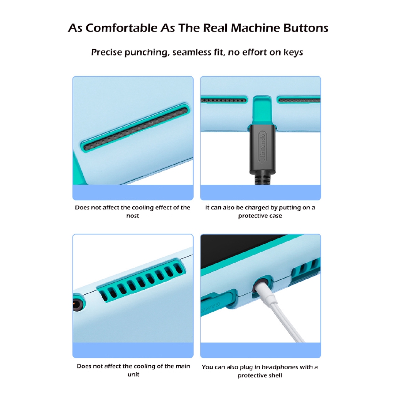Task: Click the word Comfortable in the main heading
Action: click(122, 28)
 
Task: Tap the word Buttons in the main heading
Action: click(306, 28)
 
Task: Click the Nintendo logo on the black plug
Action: click(262, 147)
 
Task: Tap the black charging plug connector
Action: click(262, 149)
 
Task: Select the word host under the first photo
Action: click(133, 216)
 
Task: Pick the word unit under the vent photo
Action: click(133, 374)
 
